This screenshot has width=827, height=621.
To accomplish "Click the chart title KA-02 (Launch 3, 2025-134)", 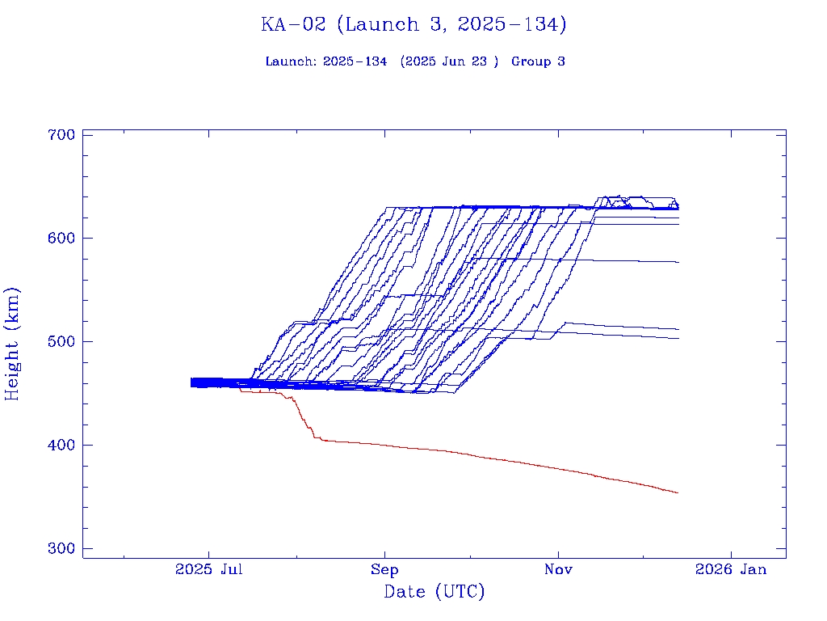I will (x=413, y=25).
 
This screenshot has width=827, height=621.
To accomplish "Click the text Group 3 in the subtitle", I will (x=538, y=61).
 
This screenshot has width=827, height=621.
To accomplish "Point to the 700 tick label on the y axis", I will (x=61, y=134).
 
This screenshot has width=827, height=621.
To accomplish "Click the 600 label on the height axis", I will (x=61, y=238).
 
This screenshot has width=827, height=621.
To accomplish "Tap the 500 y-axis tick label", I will (x=61, y=341).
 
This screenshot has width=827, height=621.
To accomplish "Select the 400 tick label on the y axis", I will (x=61, y=445).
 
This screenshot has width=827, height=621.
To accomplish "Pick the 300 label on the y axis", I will (x=61, y=548).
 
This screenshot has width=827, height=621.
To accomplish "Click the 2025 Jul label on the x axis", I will (x=210, y=570).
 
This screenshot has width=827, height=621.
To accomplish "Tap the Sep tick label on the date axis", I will (x=384, y=570).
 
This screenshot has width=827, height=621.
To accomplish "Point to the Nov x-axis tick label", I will (x=558, y=570).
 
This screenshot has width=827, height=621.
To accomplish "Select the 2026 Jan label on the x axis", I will (x=731, y=570).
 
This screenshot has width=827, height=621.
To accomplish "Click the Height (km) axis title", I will (x=12, y=343).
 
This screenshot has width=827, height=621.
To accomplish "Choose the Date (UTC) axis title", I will (x=434, y=592).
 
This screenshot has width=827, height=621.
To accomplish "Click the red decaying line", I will (x=485, y=458).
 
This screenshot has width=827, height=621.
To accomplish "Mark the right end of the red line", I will (x=677, y=492).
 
